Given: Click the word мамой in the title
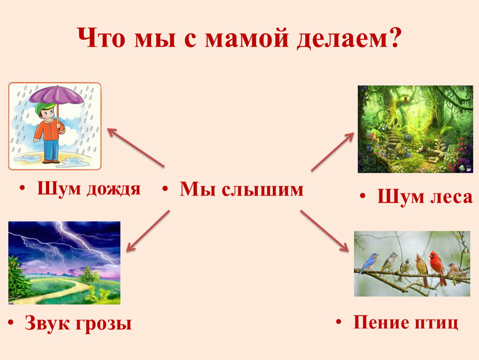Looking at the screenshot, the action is (247, 38).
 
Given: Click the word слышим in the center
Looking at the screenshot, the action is (262, 190).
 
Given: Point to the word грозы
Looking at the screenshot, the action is (104, 324).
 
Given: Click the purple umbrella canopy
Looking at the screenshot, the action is (56, 94).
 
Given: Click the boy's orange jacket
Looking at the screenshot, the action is (48, 130).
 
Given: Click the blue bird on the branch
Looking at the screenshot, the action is (369, 263).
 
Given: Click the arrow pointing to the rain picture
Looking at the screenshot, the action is (136, 147).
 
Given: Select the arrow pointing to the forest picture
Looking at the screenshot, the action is (333, 152).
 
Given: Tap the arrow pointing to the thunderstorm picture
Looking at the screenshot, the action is (148, 231).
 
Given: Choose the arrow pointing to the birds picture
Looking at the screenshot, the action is (324, 231).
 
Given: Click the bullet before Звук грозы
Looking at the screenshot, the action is (11, 323).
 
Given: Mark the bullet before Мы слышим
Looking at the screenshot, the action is (165, 189).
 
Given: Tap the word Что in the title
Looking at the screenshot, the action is (101, 38).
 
